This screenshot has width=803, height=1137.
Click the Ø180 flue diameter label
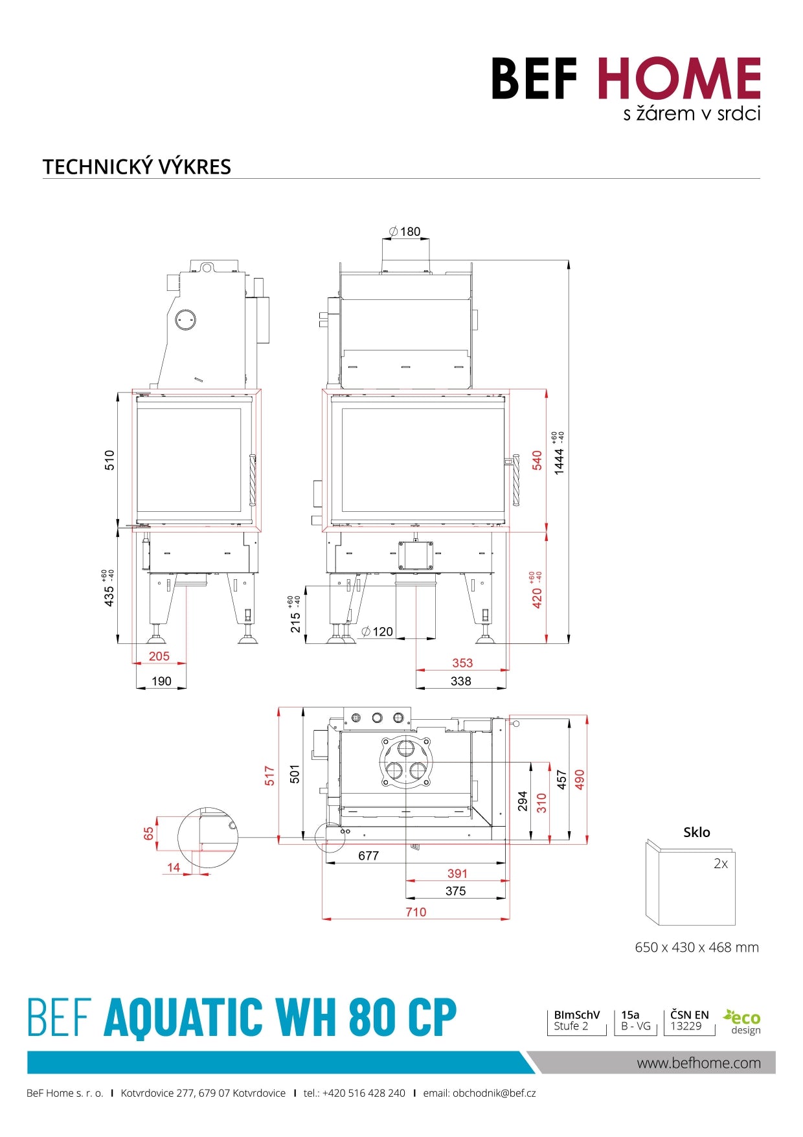coord(405,231)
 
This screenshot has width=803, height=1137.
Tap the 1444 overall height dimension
coord(559,461)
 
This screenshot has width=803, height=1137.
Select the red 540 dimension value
coord(537,461)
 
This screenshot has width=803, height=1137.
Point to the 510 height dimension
coord(109,460)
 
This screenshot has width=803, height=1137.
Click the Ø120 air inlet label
coord(378,632)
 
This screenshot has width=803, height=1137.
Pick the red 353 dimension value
coord(462,663)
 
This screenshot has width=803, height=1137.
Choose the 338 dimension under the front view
coord(460,681)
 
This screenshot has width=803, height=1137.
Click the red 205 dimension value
coord(159,656)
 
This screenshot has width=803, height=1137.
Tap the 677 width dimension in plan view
coord(368,856)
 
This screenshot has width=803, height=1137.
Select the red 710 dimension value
coord(416,912)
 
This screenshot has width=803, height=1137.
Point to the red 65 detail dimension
coord(149,834)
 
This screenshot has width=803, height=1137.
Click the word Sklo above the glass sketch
coord(697,833)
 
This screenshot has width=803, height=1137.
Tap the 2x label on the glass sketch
coord(721,864)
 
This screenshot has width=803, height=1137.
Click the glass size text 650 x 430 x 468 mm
coord(697,947)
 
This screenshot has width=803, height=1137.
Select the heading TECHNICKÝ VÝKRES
coord(137,167)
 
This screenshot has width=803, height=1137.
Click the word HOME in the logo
coord(678,78)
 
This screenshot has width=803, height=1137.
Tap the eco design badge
coord(743,1022)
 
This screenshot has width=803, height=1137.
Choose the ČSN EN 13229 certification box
coord(689,1020)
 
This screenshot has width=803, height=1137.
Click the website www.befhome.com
coord(699,1063)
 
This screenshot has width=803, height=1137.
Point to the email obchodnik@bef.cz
coord(479,1093)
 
